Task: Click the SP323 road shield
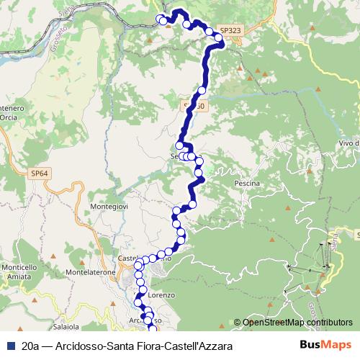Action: coord(228,32)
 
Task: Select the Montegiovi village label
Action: coord(107,207)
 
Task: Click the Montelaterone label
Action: coord(87,273)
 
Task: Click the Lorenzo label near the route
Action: coord(161,295)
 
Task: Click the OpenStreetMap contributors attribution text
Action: coord(297,323)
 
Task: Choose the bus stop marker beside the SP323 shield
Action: coord(219,38)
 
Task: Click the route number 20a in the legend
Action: coord(31,346)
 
